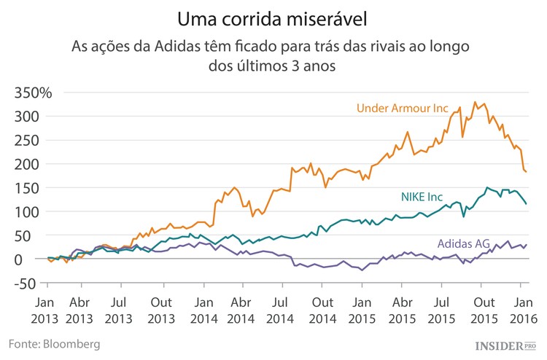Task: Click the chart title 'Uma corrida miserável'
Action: pos(273,16)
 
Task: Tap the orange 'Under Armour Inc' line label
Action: pos(402,109)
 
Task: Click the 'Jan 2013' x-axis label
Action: pos(45,310)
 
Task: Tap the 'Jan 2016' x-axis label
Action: pos(523,310)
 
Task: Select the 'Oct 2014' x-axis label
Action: pos(323,310)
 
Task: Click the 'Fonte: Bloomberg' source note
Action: pos(55,343)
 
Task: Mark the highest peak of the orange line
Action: pos(475,102)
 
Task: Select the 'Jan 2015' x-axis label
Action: pos(362,310)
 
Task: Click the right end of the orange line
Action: pos(527,172)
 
